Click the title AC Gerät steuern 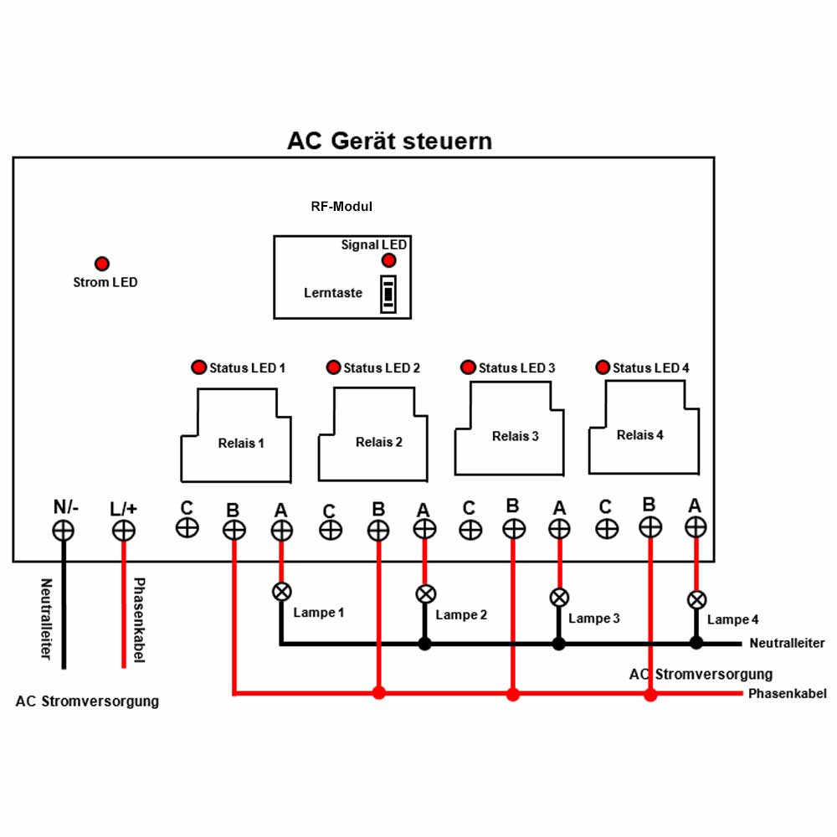(x=390, y=141)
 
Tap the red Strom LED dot (x=102, y=263)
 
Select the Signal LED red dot (x=388, y=260)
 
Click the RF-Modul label (x=341, y=207)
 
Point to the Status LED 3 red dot (x=468, y=367)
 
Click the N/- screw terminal (x=63, y=531)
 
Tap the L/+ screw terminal (x=123, y=531)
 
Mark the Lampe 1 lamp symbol (x=282, y=592)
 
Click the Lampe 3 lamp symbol (x=559, y=598)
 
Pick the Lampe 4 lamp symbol (x=696, y=600)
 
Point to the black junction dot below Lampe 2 (x=425, y=644)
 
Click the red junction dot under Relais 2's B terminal (x=379, y=693)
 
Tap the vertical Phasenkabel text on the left (x=139, y=619)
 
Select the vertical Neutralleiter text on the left (x=46, y=619)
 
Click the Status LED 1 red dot (x=198, y=367)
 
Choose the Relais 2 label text (x=379, y=442)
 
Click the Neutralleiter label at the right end (x=788, y=643)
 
